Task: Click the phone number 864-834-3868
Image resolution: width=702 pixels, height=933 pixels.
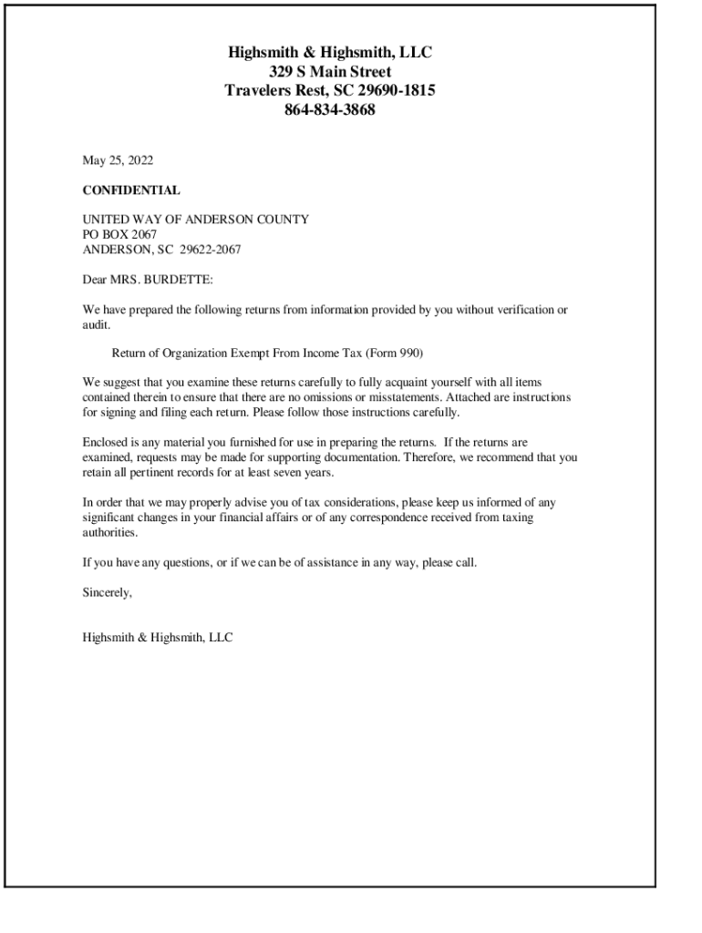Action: (x=329, y=111)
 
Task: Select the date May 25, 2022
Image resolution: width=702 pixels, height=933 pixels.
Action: (x=119, y=161)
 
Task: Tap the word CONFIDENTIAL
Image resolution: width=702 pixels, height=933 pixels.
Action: (x=131, y=190)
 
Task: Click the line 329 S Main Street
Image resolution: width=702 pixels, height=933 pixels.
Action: (x=329, y=71)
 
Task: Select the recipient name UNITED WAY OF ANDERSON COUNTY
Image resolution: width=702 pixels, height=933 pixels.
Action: (x=195, y=220)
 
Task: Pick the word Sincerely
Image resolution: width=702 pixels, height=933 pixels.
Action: (x=108, y=592)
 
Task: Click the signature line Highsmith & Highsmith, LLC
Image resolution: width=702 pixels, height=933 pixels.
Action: (x=158, y=638)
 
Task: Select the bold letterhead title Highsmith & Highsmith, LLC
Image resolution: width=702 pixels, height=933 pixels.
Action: (x=329, y=52)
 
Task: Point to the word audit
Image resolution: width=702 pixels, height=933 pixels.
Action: (x=96, y=324)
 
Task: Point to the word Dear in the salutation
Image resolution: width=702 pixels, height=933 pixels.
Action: (x=95, y=280)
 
